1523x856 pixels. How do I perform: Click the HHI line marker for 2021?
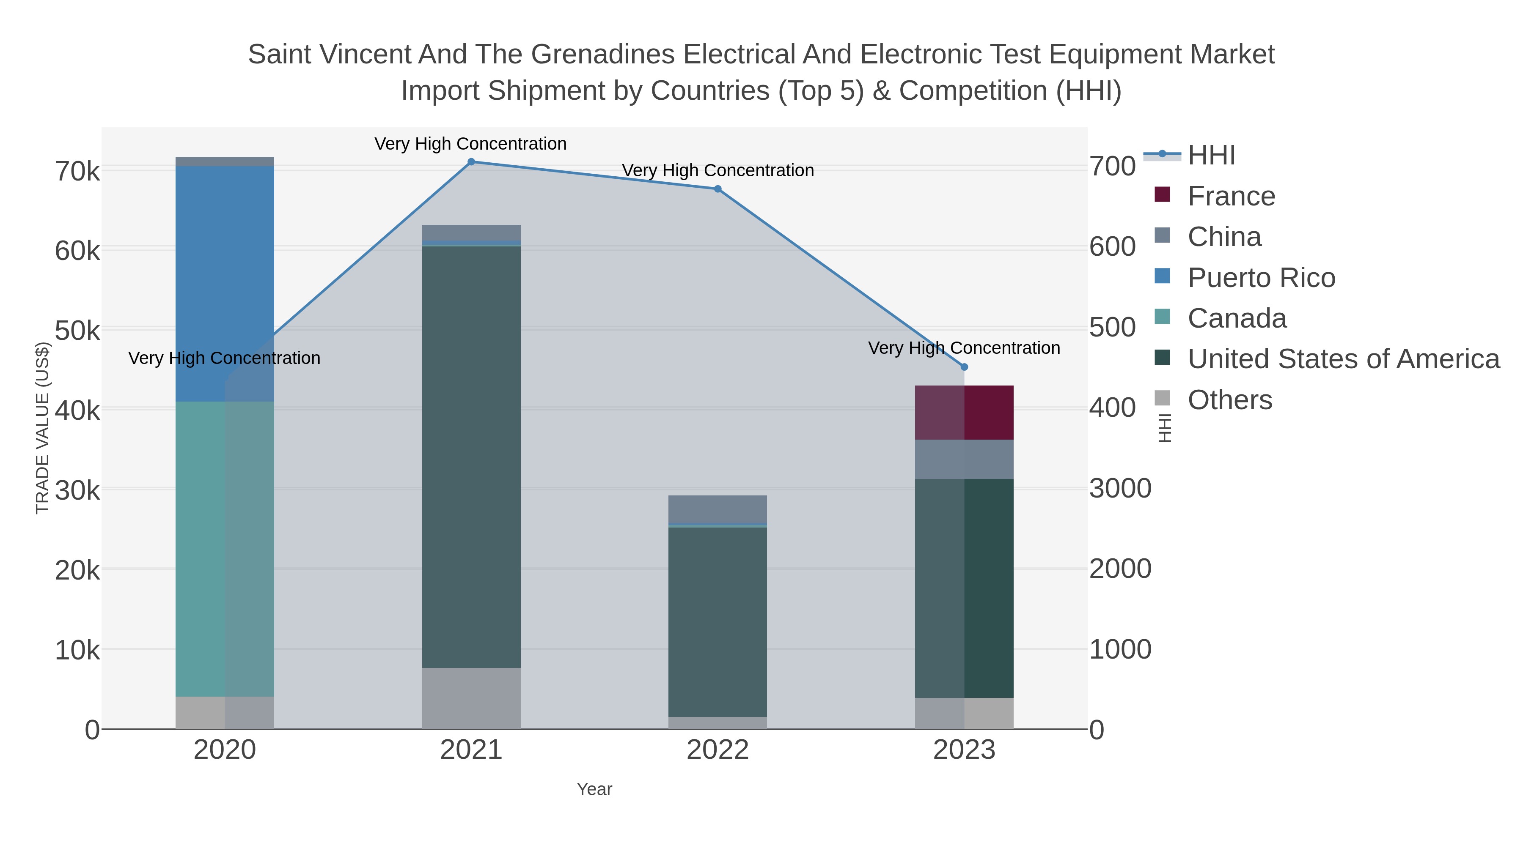pos(471,162)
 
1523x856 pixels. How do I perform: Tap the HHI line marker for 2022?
pos(718,189)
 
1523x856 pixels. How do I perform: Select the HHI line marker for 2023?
pos(964,367)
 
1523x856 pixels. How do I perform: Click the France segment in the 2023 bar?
pos(964,412)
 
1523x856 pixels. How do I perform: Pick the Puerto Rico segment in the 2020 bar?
pos(225,284)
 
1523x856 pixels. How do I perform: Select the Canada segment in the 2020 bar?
pos(225,550)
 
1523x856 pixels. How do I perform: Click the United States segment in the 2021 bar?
pos(471,455)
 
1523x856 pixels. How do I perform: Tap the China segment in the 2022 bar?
pos(718,509)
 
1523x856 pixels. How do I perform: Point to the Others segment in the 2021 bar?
pos(471,698)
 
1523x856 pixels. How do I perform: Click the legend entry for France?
pos(1231,197)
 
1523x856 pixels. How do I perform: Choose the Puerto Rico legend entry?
pos(1261,278)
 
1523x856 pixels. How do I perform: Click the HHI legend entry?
pos(1212,156)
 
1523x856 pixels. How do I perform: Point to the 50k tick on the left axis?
pos(77,331)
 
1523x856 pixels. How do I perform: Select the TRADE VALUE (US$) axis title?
pos(43,428)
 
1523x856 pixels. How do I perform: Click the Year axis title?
pos(594,789)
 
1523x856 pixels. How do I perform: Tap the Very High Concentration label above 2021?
pos(470,144)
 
